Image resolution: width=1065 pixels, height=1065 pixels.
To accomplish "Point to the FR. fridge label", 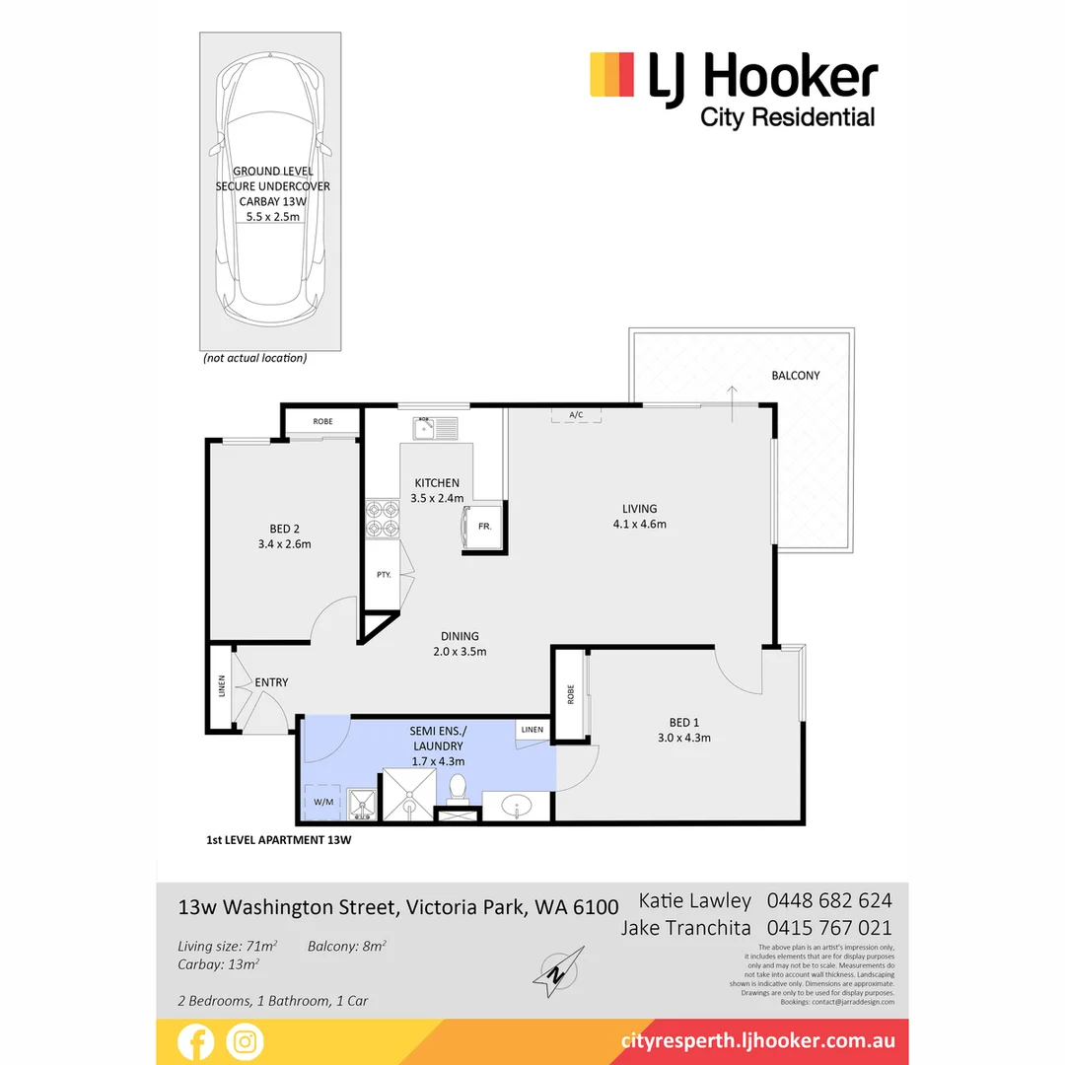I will (484, 528).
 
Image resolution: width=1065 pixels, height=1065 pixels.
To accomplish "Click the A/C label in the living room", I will (576, 415).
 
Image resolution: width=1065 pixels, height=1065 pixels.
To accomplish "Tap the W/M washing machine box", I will (322, 802).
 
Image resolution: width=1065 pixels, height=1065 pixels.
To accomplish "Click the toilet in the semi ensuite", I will (457, 789).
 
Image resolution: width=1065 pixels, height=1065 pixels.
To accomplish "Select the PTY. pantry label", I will (383, 575).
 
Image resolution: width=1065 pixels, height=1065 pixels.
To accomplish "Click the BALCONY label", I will (796, 376).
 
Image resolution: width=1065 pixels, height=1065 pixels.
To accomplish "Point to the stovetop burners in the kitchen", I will (382, 520).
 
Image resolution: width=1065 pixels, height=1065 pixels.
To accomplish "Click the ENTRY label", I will (271, 682).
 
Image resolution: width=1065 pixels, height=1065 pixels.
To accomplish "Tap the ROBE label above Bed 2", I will (322, 422).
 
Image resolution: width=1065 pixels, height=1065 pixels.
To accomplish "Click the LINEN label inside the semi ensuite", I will (532, 730).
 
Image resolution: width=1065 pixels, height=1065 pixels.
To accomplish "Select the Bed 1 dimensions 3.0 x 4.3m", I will (684, 738).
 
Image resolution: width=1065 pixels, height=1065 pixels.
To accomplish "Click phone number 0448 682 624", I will (829, 900).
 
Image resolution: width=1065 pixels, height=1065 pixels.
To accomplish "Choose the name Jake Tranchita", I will (686, 928).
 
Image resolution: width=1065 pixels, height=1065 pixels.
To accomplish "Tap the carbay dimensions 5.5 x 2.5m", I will (272, 215).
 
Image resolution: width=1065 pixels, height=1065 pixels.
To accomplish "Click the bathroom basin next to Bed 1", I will (517, 807).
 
